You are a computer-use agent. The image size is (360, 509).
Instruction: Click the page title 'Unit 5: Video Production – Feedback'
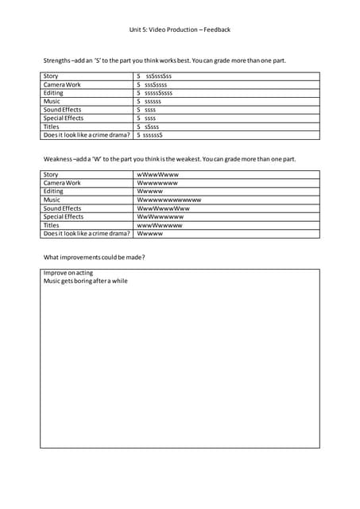(x=180, y=29)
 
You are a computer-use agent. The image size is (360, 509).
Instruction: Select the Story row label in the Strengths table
(x=51, y=76)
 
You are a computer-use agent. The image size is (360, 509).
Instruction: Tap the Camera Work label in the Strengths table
(x=62, y=84)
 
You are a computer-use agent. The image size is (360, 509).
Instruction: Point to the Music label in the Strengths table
(x=52, y=101)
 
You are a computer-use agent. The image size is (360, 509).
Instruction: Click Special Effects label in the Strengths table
(x=64, y=118)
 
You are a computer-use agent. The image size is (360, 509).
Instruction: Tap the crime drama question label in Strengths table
(x=87, y=134)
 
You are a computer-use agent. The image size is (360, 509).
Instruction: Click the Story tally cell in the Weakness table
(x=158, y=174)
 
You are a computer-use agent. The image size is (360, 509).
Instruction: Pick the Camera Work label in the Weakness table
(x=62, y=182)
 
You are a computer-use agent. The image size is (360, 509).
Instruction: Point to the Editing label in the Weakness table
(x=53, y=191)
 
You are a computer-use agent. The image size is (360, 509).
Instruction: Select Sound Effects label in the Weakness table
(x=64, y=208)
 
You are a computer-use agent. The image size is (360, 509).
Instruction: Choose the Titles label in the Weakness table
(x=52, y=225)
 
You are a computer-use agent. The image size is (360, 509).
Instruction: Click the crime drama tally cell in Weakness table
(x=150, y=234)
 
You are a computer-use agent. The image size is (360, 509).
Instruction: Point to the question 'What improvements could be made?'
(x=95, y=257)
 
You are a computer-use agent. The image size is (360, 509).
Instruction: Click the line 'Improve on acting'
(x=68, y=273)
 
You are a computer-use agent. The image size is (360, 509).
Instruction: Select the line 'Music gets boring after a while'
(x=85, y=281)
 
